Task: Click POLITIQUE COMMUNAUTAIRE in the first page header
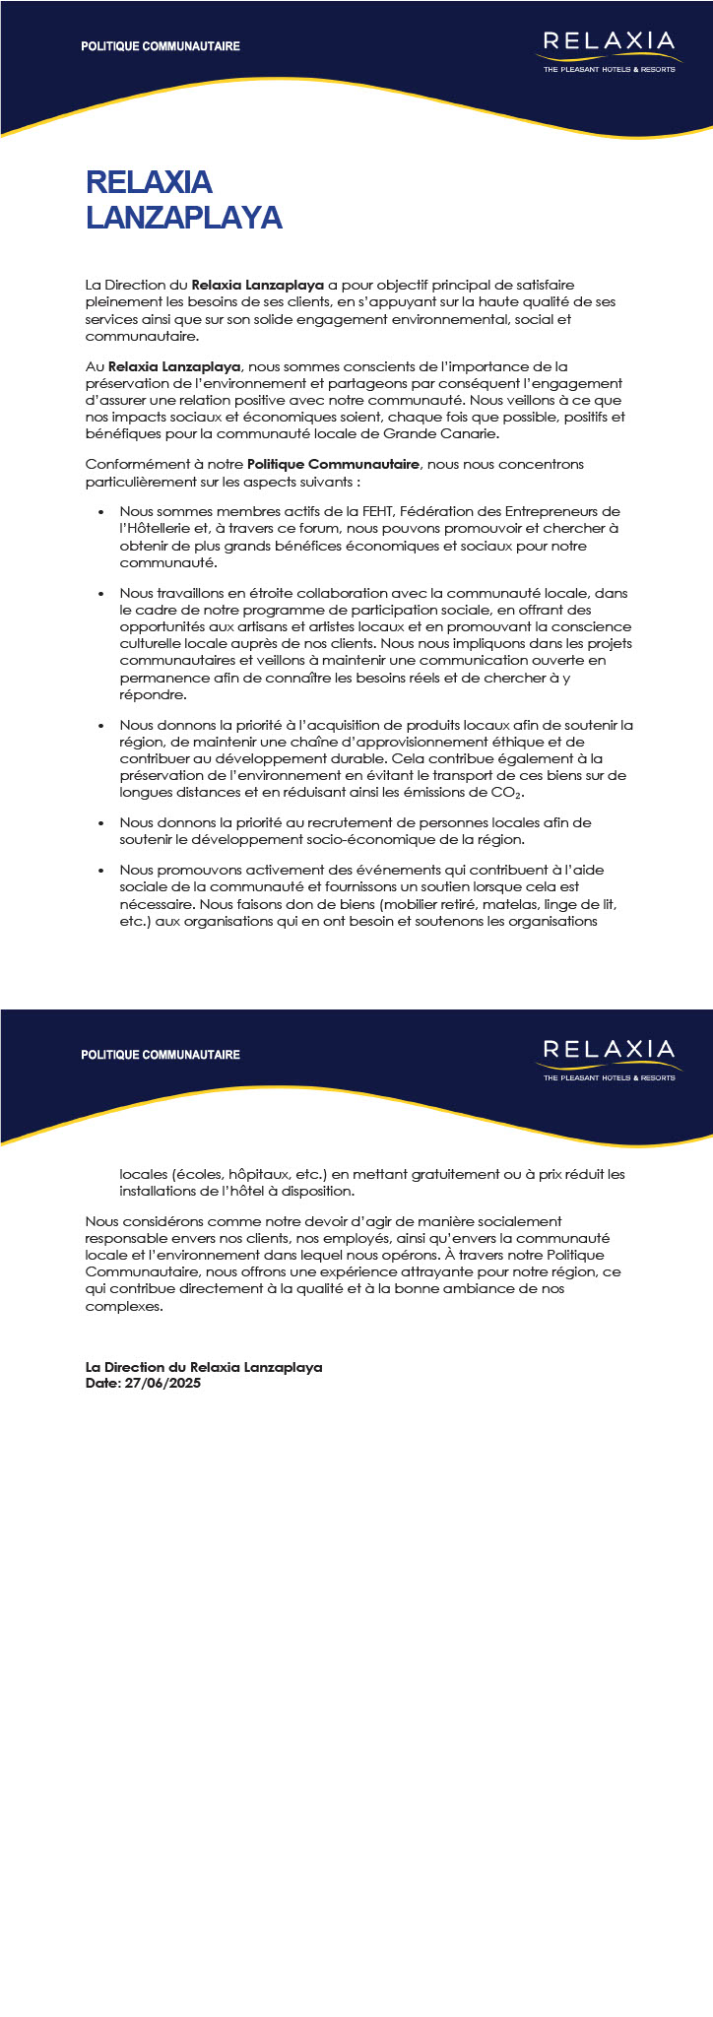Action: click(x=161, y=46)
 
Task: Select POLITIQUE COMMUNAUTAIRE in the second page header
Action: click(x=161, y=1055)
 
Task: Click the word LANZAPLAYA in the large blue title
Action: click(x=184, y=218)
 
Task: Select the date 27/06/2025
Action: click(x=163, y=1384)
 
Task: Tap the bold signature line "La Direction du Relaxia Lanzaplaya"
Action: click(x=204, y=1367)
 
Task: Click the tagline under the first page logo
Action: click(x=609, y=70)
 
